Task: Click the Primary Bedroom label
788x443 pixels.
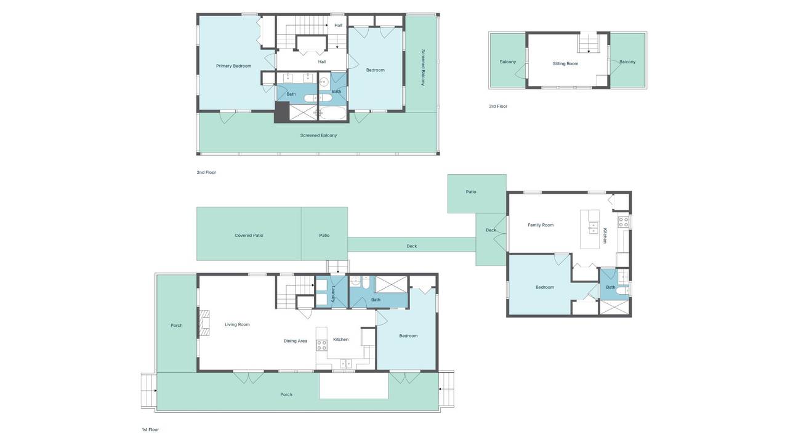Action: [x=233, y=66]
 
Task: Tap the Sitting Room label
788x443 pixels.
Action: [x=565, y=63]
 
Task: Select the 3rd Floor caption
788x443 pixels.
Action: [x=498, y=106]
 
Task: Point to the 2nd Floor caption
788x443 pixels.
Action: [x=206, y=172]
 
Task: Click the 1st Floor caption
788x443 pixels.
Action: [x=150, y=429]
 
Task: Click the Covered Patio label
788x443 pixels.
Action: [x=249, y=236]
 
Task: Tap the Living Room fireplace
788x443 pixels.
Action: [x=204, y=323]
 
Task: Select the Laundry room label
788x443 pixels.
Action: [x=333, y=293]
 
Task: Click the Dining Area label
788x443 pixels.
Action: [x=295, y=341]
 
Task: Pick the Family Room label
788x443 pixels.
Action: [x=541, y=225]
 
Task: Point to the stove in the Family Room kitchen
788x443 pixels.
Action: [x=624, y=222]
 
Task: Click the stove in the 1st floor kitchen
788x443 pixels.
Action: [x=321, y=345]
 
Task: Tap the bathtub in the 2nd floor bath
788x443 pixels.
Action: [x=333, y=113]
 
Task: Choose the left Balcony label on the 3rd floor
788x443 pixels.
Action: [x=508, y=62]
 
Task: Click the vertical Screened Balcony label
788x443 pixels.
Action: [x=423, y=68]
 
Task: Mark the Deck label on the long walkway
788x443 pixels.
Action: [x=412, y=246]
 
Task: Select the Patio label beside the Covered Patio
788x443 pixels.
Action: [x=324, y=236]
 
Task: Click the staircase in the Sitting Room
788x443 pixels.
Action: [x=589, y=42]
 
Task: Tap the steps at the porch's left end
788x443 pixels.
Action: [x=149, y=391]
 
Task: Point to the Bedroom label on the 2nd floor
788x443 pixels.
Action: [x=376, y=70]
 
